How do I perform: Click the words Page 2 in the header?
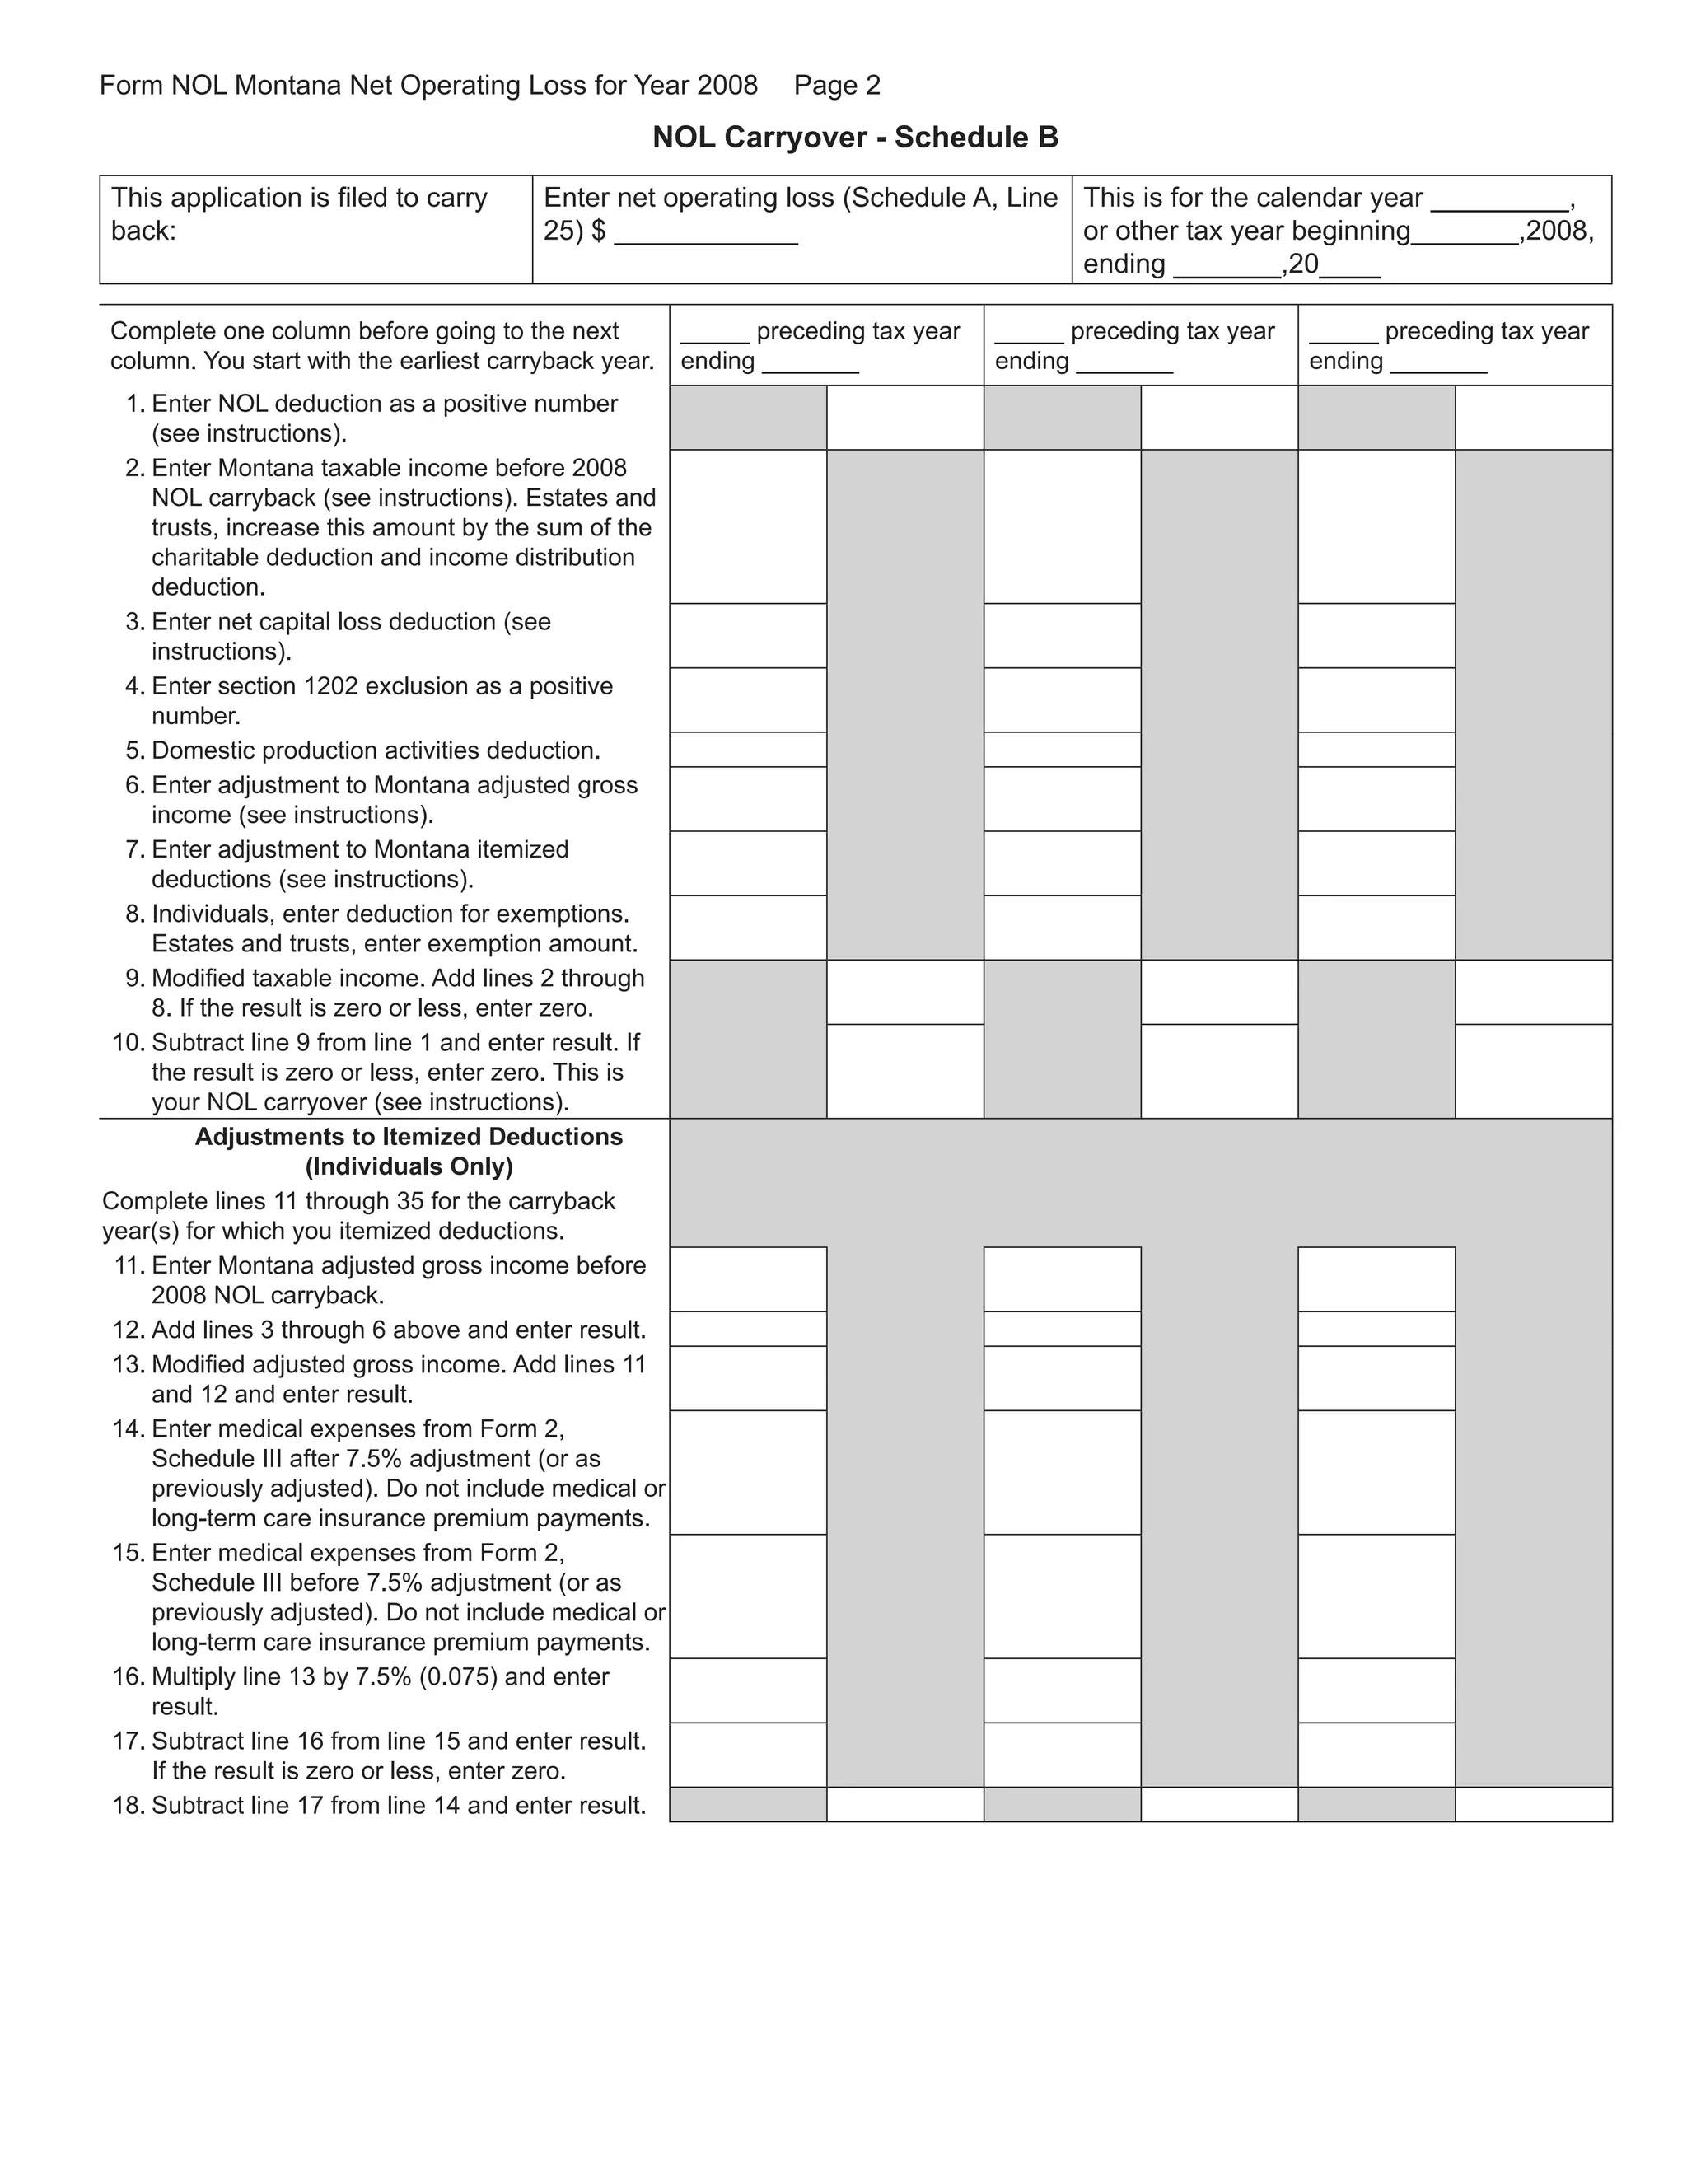click(x=837, y=85)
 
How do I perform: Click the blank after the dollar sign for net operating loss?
click(x=706, y=235)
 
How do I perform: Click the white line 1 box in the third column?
click(x=1533, y=418)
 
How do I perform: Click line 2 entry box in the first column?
click(x=748, y=526)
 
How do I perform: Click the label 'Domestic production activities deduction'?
click(x=376, y=750)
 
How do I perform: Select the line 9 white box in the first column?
click(x=904, y=992)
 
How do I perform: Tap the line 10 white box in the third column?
click(x=1533, y=1071)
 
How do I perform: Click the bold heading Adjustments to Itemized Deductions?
click(x=408, y=1137)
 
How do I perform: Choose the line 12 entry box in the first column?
click(x=748, y=1330)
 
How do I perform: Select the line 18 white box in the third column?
click(x=1533, y=1804)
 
